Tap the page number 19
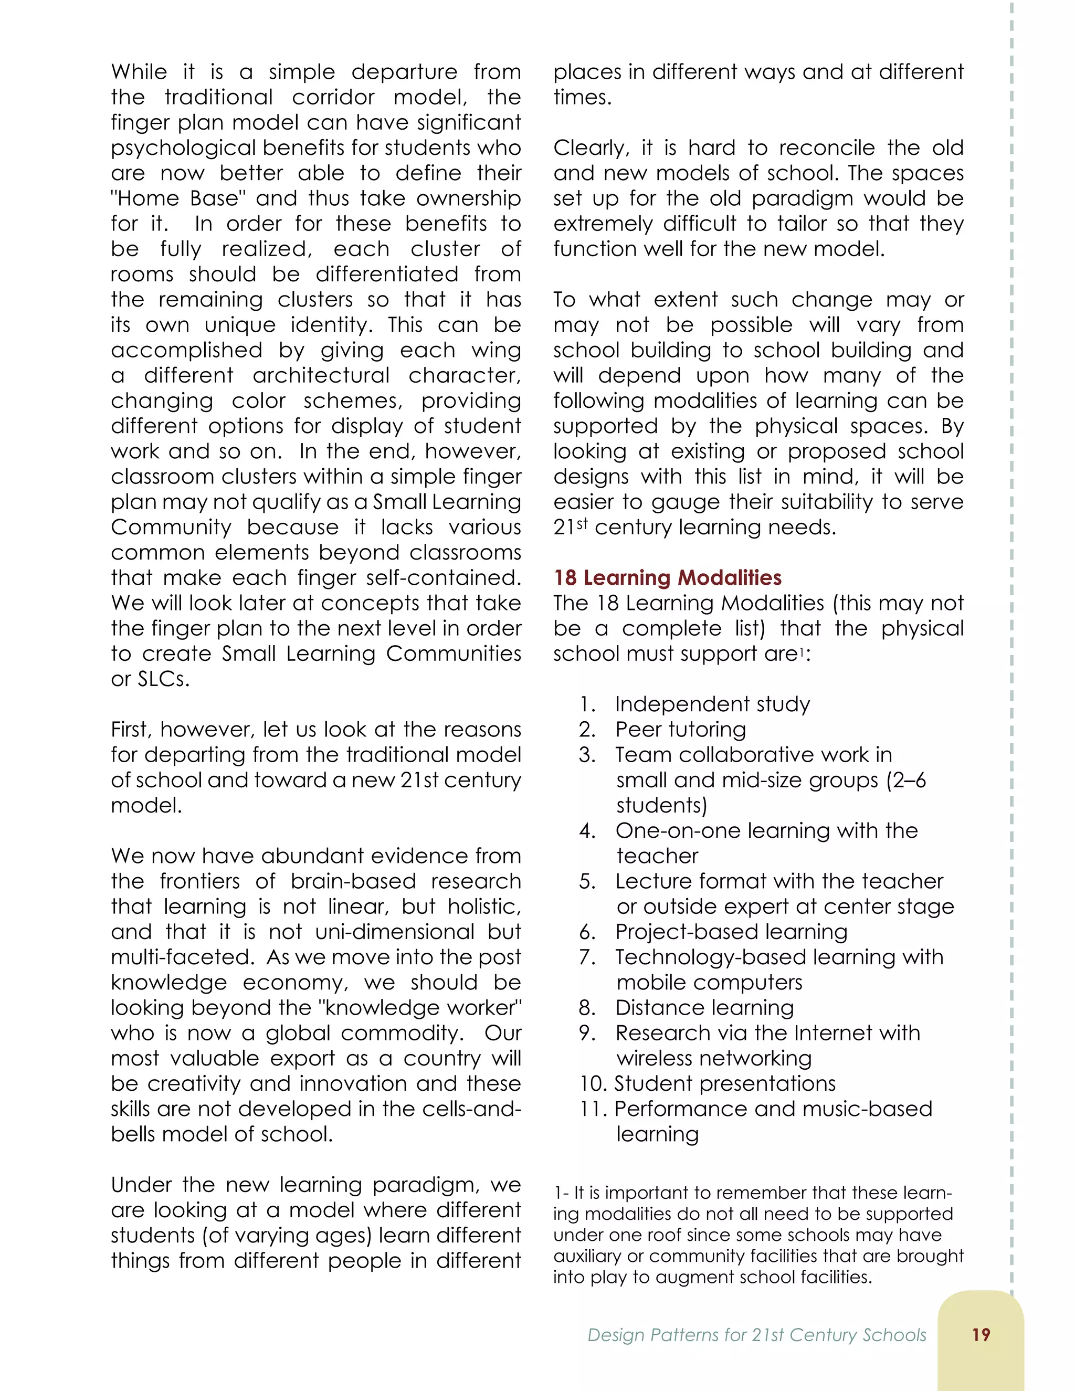[x=981, y=1334]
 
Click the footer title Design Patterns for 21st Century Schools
[x=756, y=1335]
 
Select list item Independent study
[x=712, y=704]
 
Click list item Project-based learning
[x=731, y=932]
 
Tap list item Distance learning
[x=704, y=1008]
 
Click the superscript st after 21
[x=582, y=523]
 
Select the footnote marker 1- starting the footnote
[x=561, y=1193]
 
